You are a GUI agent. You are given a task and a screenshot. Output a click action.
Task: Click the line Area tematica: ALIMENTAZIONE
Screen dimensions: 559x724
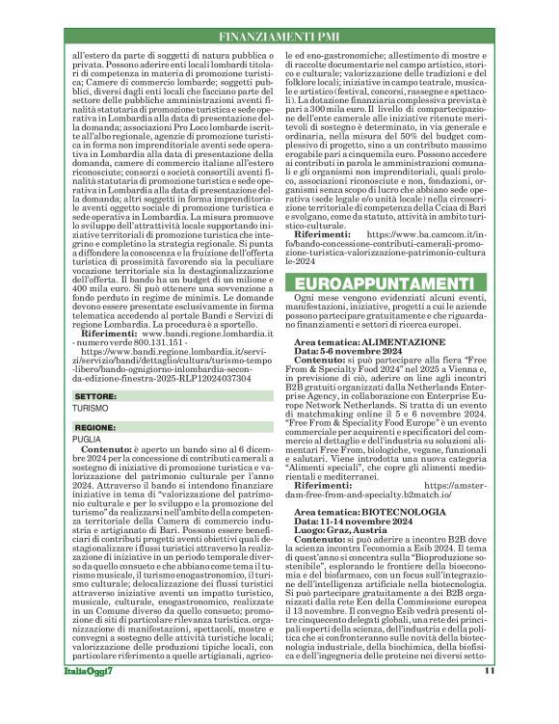[367, 342]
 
